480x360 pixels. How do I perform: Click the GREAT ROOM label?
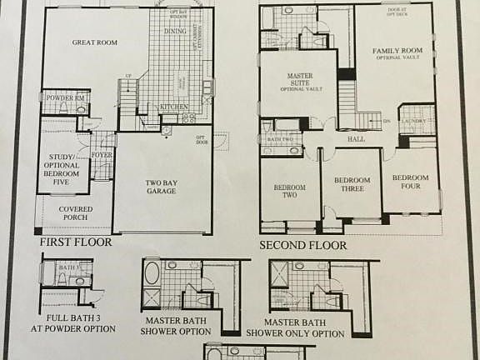(94, 42)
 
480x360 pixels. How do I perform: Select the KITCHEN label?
(173, 107)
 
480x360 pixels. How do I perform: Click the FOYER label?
(102, 154)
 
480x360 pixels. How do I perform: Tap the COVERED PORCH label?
(70, 212)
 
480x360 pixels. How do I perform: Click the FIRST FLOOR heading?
(74, 242)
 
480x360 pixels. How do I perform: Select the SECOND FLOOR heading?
(302, 245)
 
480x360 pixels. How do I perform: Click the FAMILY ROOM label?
(397, 55)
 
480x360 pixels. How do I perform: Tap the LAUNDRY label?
(413, 121)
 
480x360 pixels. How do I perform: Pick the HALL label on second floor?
(357, 139)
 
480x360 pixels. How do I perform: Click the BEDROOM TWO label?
(290, 192)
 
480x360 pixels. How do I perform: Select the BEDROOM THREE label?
(352, 185)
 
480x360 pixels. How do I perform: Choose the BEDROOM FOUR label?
(410, 182)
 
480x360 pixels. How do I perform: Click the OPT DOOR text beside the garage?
(201, 139)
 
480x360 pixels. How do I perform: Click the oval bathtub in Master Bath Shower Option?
(152, 272)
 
